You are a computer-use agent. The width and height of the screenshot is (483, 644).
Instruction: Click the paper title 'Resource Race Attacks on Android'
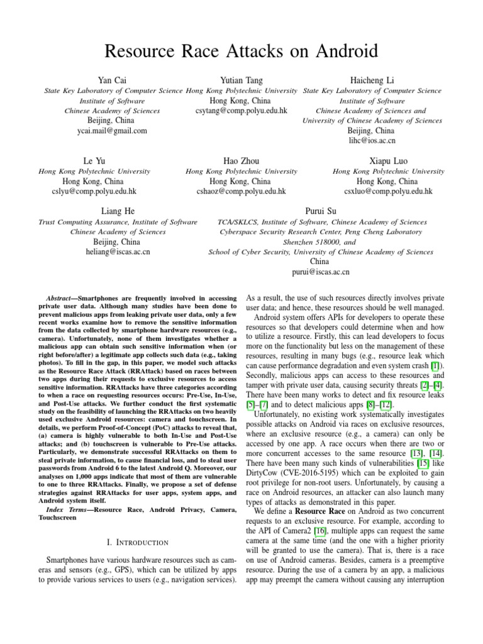241,50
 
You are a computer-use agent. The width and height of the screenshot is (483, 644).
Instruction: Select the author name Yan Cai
112,80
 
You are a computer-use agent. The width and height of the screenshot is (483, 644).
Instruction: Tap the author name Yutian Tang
241,80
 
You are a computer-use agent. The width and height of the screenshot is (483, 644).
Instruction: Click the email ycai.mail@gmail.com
112,131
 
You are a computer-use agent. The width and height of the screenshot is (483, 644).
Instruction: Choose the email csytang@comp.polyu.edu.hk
241,111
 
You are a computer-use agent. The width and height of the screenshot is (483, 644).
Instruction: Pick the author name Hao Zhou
241,161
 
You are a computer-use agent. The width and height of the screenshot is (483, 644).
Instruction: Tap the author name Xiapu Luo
389,161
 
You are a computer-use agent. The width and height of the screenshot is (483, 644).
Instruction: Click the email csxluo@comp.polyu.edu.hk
389,191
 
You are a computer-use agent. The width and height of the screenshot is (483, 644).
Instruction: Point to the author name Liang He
118,211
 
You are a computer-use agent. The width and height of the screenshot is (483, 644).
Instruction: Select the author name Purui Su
321,211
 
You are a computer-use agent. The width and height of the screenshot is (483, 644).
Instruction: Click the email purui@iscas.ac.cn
321,272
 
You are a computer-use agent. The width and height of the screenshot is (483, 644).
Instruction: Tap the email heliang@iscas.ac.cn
118,252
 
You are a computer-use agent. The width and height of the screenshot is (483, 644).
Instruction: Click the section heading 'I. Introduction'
136,541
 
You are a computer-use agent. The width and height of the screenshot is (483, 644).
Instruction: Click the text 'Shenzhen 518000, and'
320,241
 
